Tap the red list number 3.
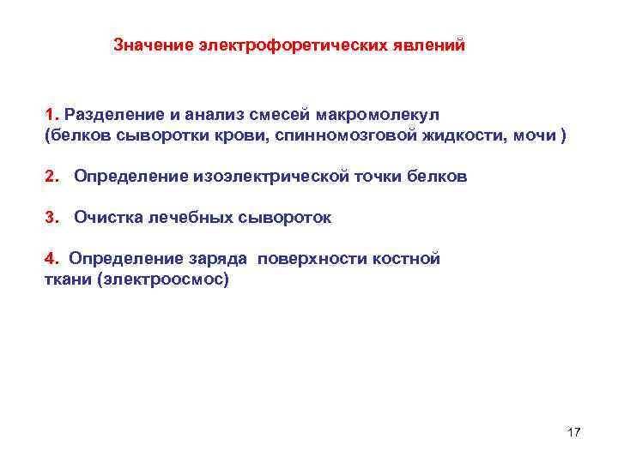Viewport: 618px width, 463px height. pos(51,218)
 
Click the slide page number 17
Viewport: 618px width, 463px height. pos(573,432)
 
